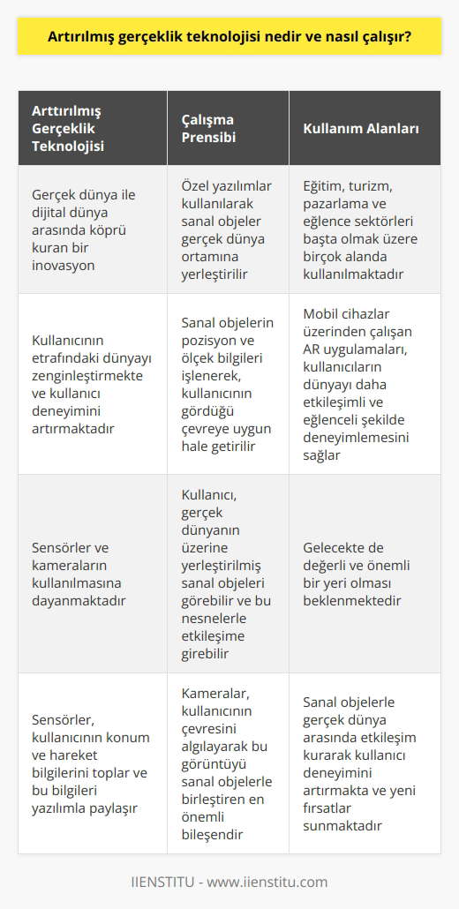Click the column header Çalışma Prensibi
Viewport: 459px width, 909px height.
point(204,129)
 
